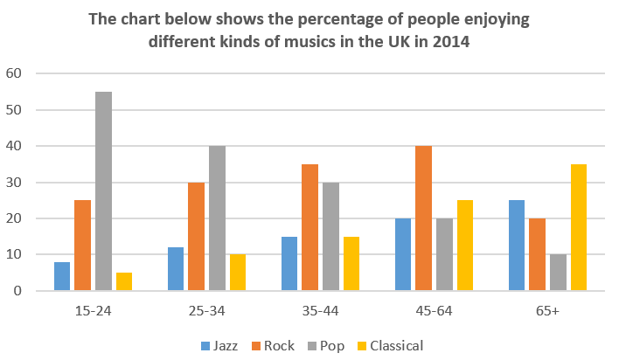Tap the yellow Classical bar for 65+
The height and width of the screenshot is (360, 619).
pos(578,227)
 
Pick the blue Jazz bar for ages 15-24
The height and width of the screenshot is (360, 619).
pos(61,276)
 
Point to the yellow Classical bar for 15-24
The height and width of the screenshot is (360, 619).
pos(124,281)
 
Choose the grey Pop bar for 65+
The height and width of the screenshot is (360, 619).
pos(558,273)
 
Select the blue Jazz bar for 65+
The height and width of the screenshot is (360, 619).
pos(516,245)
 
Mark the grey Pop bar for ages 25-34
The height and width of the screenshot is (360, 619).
pos(217,218)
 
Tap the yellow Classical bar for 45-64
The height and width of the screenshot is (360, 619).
pos(465,245)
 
